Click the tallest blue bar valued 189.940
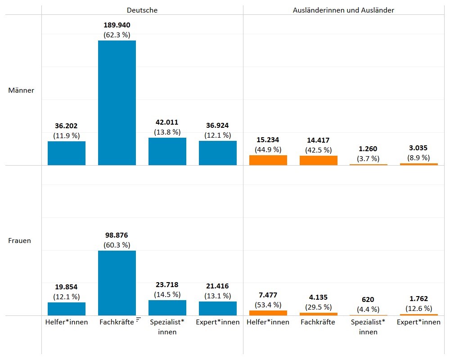117,103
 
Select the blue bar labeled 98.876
117,283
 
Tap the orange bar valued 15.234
268,160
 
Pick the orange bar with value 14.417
319,160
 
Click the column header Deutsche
142,10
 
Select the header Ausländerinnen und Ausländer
343,10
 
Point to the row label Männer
21,90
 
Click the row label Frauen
20,240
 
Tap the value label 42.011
167,122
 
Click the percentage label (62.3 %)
117,34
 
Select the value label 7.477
268,295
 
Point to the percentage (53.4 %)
268,305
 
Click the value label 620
369,299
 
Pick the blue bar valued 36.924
218,153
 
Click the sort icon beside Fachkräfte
138,319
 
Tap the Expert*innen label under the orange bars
418,322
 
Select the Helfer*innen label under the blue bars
67,322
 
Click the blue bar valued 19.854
67,309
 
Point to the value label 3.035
418,148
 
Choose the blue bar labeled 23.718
167,308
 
